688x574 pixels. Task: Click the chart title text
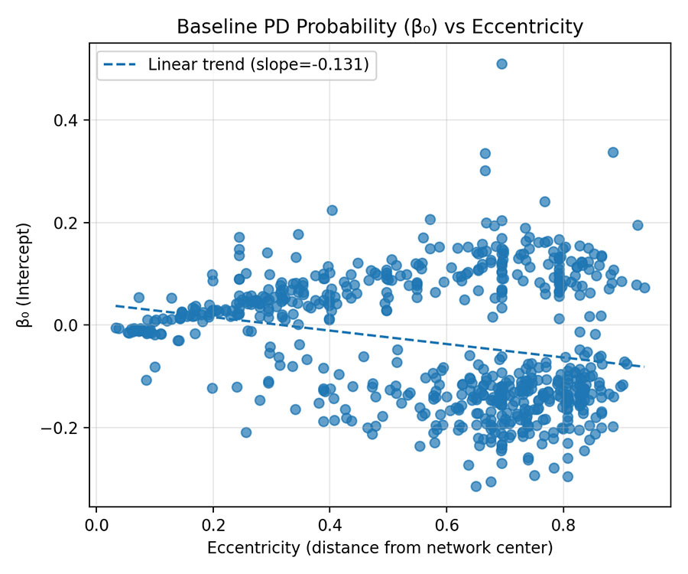[380, 28]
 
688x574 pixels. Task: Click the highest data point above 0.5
[501, 64]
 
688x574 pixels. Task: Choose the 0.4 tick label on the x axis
[329, 527]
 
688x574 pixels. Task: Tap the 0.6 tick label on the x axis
[446, 527]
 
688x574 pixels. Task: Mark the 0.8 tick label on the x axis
[563, 527]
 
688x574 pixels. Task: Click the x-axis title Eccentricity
[380, 548]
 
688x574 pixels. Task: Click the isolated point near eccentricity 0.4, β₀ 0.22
[333, 210]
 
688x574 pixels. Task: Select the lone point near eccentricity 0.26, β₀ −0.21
[246, 432]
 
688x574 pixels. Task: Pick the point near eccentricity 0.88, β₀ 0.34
[612, 152]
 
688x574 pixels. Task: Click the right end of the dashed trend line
[644, 367]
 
